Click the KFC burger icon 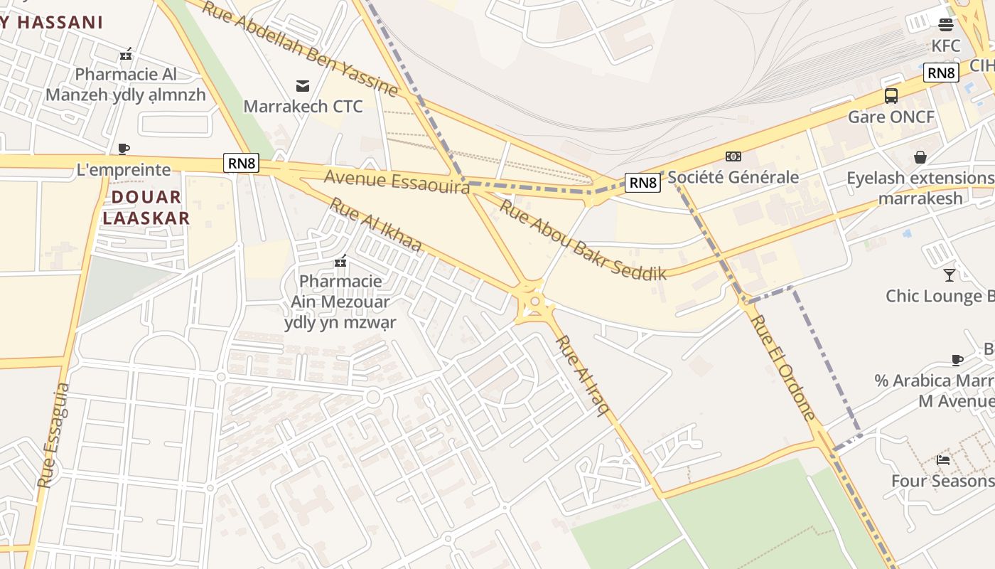click(x=945, y=25)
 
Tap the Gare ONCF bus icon click(x=891, y=96)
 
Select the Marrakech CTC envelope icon click(x=303, y=86)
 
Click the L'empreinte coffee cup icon click(x=124, y=149)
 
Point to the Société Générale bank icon click(x=733, y=156)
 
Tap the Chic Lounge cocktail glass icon click(x=950, y=275)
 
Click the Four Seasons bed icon click(x=943, y=460)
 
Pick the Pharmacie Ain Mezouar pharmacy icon click(x=340, y=261)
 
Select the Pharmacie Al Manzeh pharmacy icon click(x=126, y=53)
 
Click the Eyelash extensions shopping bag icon click(x=920, y=156)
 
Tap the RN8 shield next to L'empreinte click(x=242, y=163)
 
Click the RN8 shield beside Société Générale click(x=642, y=183)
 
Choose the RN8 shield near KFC click(x=941, y=73)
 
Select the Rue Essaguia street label click(x=54, y=435)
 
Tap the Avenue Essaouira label click(x=397, y=181)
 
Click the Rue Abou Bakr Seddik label click(x=583, y=239)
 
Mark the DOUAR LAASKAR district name click(x=146, y=207)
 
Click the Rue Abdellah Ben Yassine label click(x=299, y=48)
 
